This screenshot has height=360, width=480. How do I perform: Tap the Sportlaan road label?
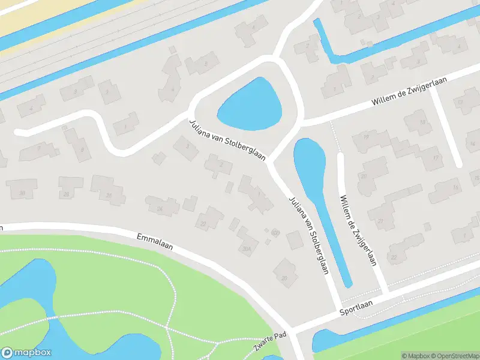(x=356, y=307)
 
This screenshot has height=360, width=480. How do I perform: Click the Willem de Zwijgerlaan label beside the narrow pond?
(x=358, y=230)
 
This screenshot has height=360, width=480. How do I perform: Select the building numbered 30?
(x=22, y=192)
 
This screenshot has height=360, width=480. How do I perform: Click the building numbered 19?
(x=366, y=137)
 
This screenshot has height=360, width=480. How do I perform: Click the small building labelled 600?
(x=275, y=232)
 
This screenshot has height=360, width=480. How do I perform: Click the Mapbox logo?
(x=26, y=352)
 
